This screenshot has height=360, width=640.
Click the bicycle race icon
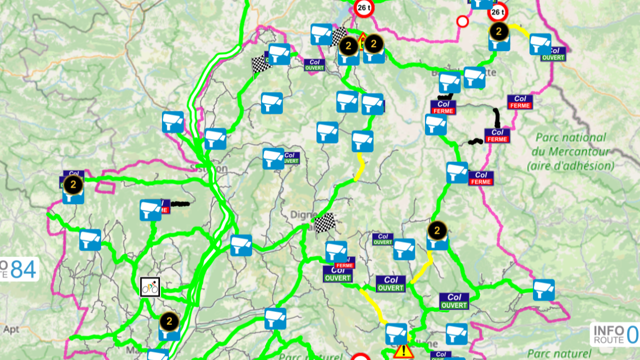click(150, 287)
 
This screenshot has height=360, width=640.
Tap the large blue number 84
click(23, 270)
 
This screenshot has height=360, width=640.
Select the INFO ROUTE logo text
click(608, 335)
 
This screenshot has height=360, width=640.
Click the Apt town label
click(11, 330)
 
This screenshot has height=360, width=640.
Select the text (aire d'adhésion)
click(570, 165)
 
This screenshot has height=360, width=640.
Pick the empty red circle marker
click(462, 21)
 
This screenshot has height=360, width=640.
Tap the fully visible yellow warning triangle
click(403, 351)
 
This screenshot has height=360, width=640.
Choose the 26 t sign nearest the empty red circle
click(498, 11)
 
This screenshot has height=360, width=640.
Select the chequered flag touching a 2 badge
click(339, 36)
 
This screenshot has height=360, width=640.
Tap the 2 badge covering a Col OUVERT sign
click(73, 184)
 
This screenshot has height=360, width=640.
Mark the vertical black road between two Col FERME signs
click(497, 118)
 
